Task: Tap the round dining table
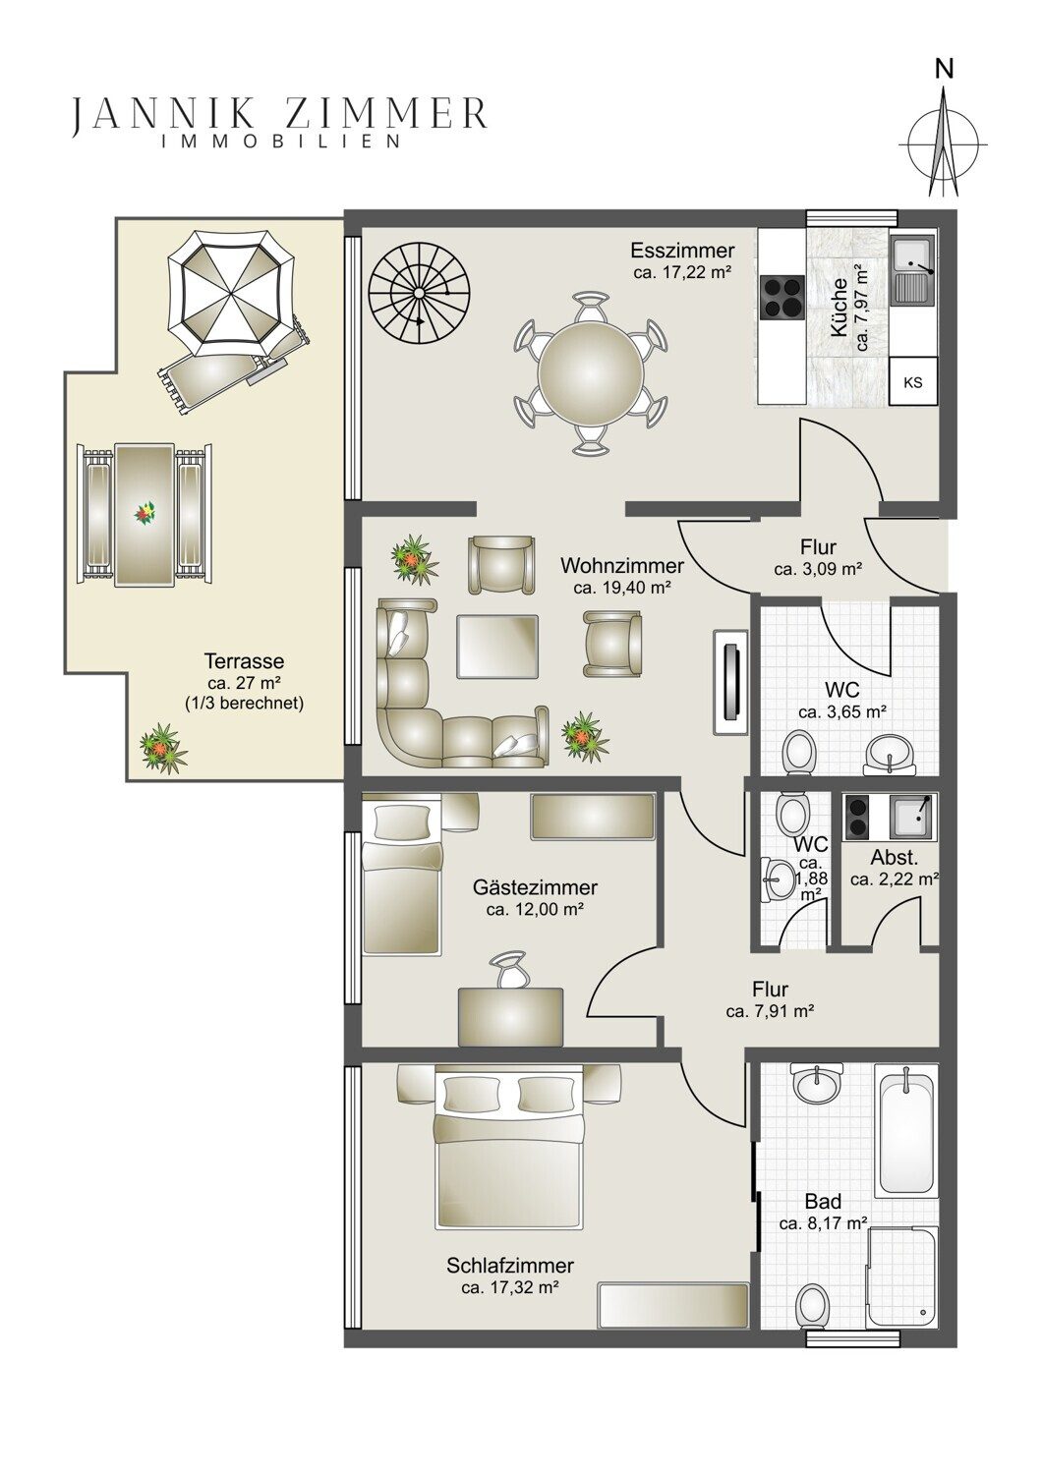(591, 373)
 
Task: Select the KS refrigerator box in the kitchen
(913, 381)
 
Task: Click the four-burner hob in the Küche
(782, 297)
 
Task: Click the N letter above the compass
(945, 70)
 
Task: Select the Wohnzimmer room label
(622, 565)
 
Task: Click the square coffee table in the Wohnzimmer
(497, 647)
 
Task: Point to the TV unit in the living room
(730, 682)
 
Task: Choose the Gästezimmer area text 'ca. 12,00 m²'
(536, 910)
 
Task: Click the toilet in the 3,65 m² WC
(799, 751)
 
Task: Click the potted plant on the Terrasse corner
(163, 748)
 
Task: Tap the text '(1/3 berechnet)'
(244, 704)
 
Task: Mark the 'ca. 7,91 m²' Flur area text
(770, 1011)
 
